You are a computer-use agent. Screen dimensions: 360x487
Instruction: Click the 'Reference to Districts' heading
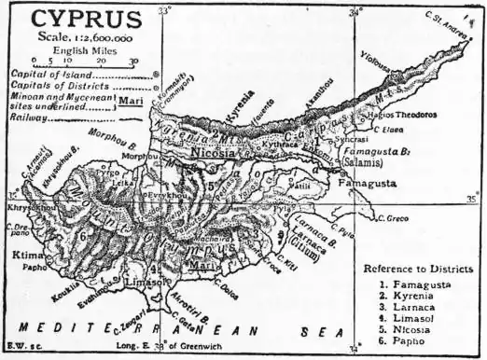(416, 270)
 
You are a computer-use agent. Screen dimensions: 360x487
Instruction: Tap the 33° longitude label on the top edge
(164, 11)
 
